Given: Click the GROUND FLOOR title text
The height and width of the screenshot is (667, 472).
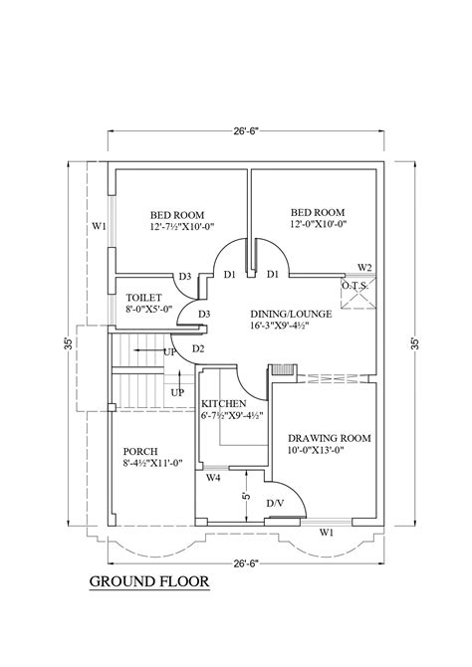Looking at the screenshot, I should (x=149, y=582).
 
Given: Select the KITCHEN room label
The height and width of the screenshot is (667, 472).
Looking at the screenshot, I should (x=221, y=402).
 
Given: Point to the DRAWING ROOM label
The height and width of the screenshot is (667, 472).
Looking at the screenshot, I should (x=330, y=438).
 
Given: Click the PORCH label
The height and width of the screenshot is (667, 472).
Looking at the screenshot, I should (x=139, y=449).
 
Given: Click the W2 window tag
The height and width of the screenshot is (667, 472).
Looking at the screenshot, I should (x=365, y=268).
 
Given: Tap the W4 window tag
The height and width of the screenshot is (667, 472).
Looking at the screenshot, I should (x=213, y=479).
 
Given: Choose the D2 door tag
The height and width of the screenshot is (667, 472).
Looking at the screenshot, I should (x=198, y=347).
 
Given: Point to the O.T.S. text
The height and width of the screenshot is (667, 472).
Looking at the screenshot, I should (x=355, y=286).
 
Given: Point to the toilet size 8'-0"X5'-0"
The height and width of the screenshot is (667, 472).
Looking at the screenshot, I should (x=149, y=309).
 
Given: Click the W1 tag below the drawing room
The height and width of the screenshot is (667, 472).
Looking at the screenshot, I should (x=326, y=534).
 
